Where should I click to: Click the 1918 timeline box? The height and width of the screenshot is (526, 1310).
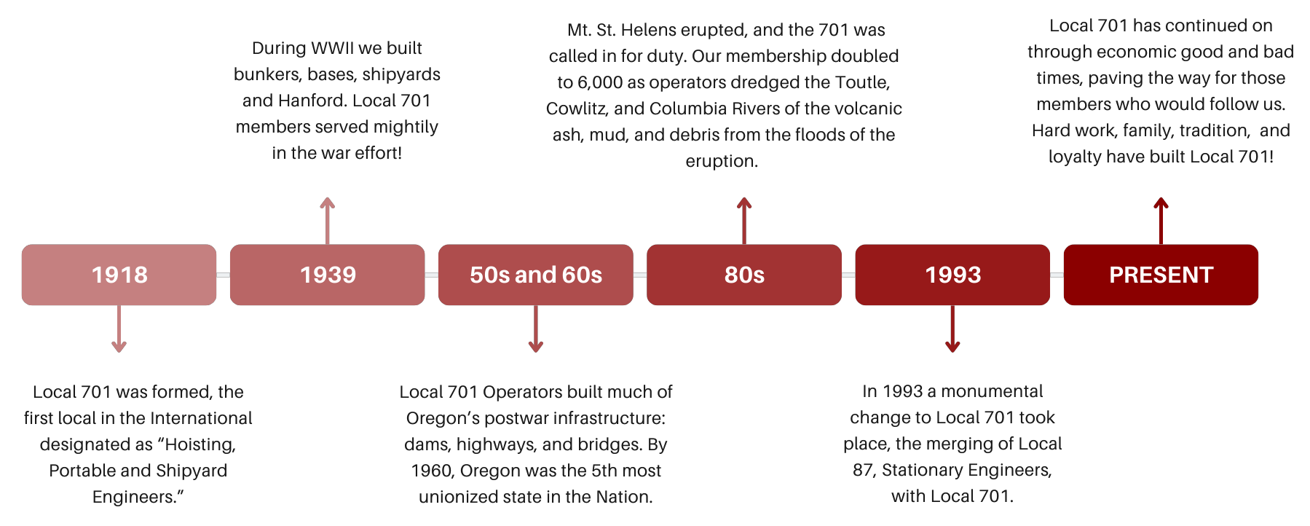pos(119,275)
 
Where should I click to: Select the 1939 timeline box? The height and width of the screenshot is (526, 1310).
pos(327,275)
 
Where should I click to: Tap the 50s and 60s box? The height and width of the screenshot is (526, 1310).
pos(536,275)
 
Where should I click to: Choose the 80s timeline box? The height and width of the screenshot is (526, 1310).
pos(744,275)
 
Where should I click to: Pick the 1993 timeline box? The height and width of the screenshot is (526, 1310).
pos(952,275)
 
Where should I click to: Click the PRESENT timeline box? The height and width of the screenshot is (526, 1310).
pos(1161,275)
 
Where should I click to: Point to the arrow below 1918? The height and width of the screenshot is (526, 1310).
pos(119,329)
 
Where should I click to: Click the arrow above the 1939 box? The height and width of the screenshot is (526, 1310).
pos(328,221)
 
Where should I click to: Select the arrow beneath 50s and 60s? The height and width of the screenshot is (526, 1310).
pos(536,329)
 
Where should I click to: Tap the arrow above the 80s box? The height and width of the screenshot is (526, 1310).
pos(744,221)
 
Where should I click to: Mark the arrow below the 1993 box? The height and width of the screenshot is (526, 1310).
pos(952,329)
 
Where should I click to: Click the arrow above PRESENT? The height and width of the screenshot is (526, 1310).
pos(1161,221)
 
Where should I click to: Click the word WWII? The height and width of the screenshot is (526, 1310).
pos(332,48)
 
